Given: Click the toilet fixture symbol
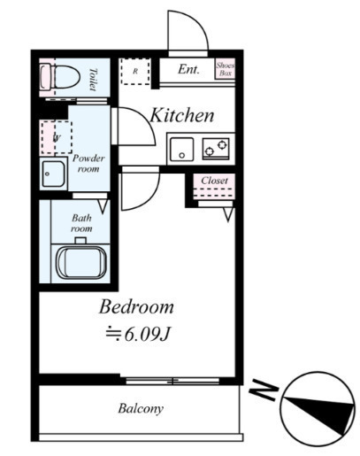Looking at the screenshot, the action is [x=60, y=77].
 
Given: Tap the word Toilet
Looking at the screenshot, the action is [x=93, y=79].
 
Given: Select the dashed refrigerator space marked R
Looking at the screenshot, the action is [x=135, y=72].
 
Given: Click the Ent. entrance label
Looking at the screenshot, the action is [x=188, y=69].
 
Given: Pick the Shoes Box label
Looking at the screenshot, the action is [x=226, y=69].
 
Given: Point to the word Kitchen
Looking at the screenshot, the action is [x=181, y=115].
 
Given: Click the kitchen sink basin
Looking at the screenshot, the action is [x=182, y=149].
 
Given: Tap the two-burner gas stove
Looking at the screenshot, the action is [x=216, y=149].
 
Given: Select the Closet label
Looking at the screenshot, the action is [x=214, y=181].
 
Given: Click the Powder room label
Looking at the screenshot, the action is [x=88, y=163].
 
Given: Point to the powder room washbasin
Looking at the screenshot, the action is [x=53, y=174].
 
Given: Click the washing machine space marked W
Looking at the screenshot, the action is [x=57, y=137].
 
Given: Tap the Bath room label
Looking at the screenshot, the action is [x=81, y=223].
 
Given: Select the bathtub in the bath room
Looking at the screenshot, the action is [x=81, y=262].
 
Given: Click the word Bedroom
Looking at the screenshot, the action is [x=136, y=307].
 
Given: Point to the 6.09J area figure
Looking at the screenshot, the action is [x=148, y=335].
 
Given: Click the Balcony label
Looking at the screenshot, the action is [x=141, y=409].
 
